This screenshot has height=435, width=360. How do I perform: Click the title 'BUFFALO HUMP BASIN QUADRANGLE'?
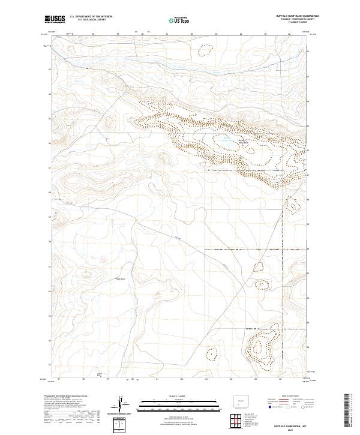click(x=298, y=16)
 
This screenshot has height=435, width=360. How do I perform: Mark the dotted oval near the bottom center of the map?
click(x=211, y=355)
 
